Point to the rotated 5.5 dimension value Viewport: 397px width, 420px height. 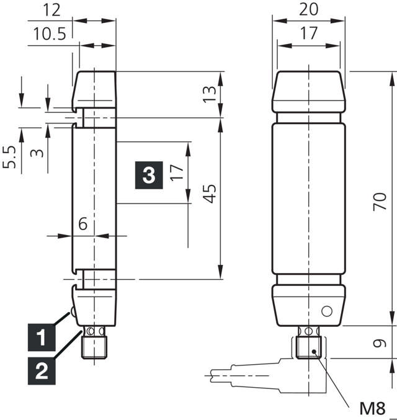[x=9, y=158]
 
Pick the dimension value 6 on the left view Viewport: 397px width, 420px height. [x=82, y=225]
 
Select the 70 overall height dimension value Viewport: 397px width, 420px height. [x=380, y=201]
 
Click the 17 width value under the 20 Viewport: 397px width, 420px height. [x=308, y=34]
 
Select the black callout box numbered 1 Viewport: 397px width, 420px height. [x=41, y=339]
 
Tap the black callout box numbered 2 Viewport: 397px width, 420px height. [x=41, y=371]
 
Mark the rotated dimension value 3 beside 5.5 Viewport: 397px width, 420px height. [x=39, y=151]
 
